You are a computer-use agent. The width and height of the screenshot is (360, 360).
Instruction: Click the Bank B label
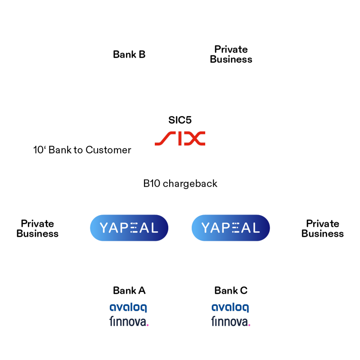click(x=129, y=55)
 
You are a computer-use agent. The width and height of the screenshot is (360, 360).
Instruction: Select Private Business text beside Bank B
click(x=231, y=54)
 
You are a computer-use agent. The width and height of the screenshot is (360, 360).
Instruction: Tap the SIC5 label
click(x=180, y=120)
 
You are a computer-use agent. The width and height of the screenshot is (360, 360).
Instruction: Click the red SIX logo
click(x=180, y=138)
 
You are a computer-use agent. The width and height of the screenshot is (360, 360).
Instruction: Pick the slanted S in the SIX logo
click(x=163, y=138)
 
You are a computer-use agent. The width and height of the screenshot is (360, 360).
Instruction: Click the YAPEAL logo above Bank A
click(x=129, y=228)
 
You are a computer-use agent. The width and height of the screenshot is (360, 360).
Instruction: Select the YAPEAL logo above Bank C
click(x=231, y=228)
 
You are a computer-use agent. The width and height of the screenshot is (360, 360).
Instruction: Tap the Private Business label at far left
click(x=37, y=229)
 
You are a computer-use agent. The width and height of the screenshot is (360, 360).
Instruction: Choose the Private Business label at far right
click(x=322, y=229)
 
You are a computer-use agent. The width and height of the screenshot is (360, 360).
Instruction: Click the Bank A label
click(x=129, y=291)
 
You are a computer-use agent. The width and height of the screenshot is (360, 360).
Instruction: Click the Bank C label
click(x=231, y=291)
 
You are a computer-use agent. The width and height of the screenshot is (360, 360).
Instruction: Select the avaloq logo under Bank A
click(x=128, y=308)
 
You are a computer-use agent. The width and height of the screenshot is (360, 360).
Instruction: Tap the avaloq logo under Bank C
click(x=230, y=308)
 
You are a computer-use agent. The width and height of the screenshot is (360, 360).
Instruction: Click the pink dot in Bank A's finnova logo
click(x=148, y=324)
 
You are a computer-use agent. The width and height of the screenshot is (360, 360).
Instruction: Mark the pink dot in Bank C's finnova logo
click(x=249, y=324)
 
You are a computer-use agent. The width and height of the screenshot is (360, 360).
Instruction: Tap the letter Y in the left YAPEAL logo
click(x=105, y=228)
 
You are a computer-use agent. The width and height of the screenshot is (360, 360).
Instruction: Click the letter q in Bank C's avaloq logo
click(x=245, y=308)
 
